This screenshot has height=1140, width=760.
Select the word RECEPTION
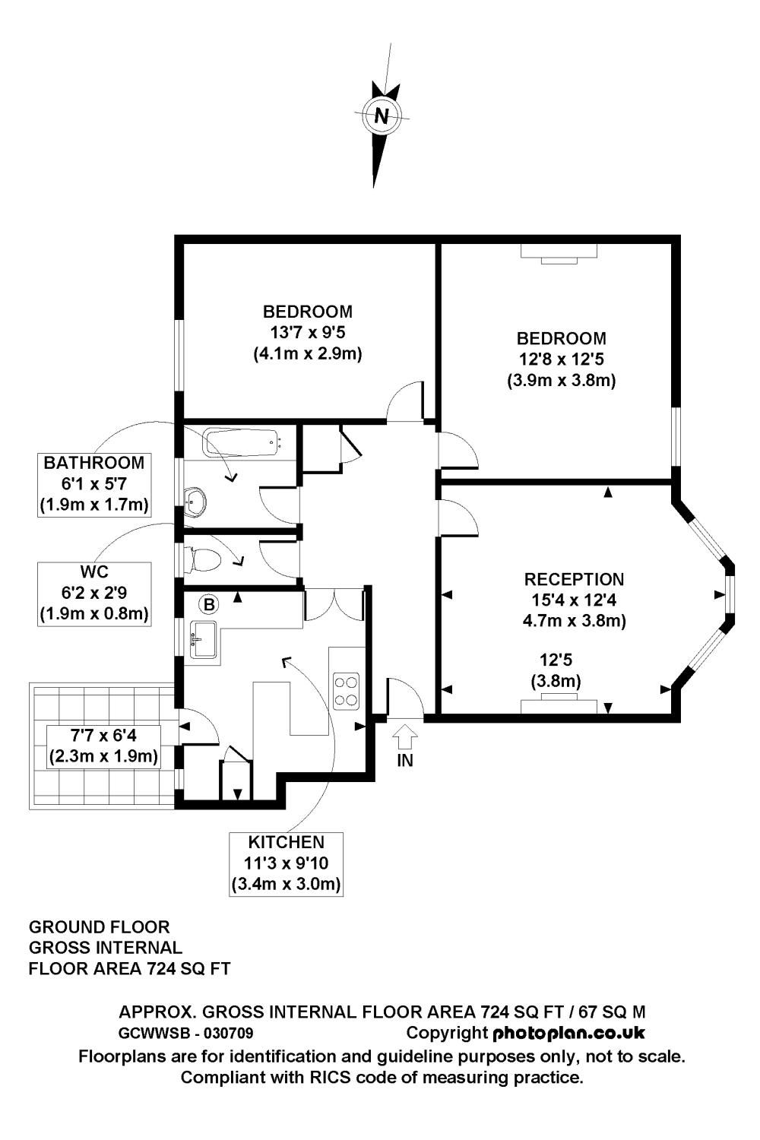coord(574,580)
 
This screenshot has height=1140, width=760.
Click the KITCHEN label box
coord(286,863)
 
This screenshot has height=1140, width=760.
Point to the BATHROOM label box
coord(93,483)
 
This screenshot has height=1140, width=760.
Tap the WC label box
coord(93,593)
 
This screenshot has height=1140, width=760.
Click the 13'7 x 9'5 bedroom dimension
coord(307,332)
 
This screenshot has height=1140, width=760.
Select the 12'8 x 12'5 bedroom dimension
coord(561,359)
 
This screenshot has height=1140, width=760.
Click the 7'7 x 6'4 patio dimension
coord(103,736)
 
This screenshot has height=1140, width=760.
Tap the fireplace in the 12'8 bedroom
coord(559,253)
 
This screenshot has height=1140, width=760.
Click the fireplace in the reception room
coord(559,705)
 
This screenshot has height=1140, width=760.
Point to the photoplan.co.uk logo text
coord(568,1033)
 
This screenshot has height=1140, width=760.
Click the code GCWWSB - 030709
coord(186,1034)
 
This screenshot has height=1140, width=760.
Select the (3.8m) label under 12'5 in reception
coord(556,681)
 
